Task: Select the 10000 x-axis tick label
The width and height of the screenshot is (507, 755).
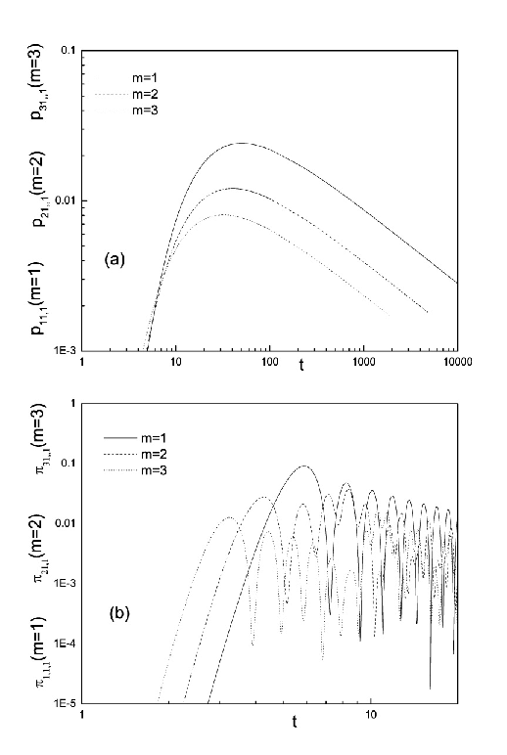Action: point(457,362)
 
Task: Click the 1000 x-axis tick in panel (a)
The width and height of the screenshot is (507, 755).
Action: point(363,362)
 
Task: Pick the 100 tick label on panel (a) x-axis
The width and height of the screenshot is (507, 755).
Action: point(269,362)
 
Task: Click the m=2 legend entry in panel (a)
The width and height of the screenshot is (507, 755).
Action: point(127,94)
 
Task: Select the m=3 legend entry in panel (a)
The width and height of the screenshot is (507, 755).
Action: point(127,111)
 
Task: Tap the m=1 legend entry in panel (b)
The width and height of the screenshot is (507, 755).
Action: point(135,438)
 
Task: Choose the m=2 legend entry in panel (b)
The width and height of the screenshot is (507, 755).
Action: point(135,454)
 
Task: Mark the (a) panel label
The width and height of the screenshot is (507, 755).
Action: point(115,260)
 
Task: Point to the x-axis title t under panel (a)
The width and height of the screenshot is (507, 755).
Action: point(301,366)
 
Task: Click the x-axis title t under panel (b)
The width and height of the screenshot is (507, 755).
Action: point(295,723)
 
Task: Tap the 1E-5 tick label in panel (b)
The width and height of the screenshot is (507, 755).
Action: point(65,703)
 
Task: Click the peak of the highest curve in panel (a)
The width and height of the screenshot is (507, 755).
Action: point(241,143)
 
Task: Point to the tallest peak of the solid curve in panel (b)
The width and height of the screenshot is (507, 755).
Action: point(304,466)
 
